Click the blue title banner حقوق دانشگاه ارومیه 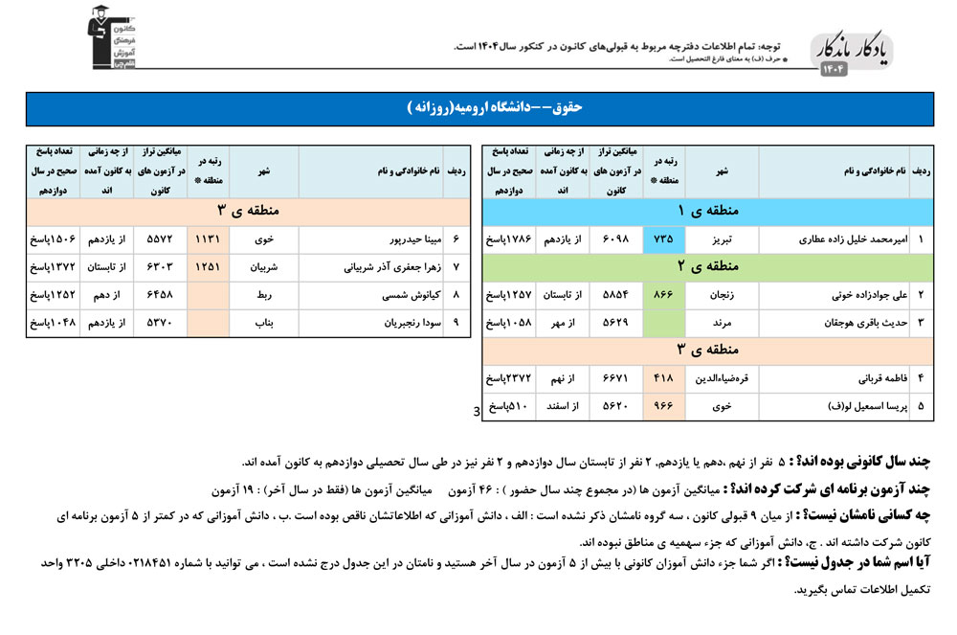(478, 108)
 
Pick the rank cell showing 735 (664, 238)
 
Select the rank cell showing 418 (664, 378)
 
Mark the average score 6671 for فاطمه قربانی (609, 378)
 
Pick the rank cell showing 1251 (208, 267)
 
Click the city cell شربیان (263, 267)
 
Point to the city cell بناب (263, 323)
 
